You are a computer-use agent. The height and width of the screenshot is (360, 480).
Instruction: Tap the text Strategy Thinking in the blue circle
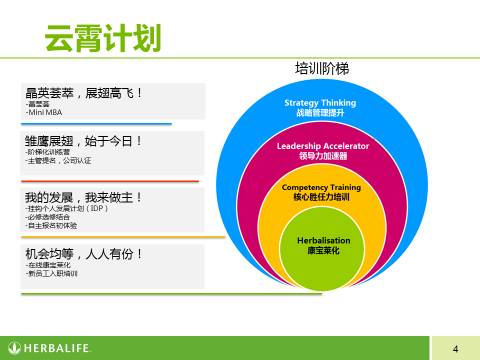321,103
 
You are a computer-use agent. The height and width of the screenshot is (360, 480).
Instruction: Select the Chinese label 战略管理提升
321,114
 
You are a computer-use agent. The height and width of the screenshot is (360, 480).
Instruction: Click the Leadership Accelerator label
322,146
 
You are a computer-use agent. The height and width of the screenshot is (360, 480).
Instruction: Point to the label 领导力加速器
322,157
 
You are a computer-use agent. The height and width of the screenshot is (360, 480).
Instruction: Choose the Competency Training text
322,188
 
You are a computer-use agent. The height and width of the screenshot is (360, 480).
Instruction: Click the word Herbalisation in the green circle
322,240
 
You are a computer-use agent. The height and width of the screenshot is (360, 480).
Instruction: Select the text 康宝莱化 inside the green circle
322,251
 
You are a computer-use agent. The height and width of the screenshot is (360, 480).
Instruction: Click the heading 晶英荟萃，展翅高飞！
84,93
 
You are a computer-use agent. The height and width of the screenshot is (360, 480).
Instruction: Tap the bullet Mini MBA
44,112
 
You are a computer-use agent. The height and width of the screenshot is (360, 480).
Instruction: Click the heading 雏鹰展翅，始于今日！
84,140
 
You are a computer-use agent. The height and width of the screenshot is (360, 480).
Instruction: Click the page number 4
455,348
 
